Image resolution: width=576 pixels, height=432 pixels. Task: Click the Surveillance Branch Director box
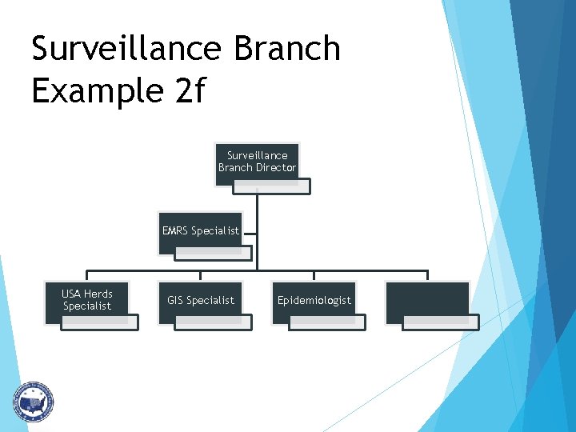[x=257, y=162]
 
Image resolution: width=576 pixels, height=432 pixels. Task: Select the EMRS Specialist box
[x=200, y=231]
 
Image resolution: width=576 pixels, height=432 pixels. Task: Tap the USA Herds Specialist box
[x=86, y=300]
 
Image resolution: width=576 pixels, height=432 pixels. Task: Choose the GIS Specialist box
[x=200, y=301]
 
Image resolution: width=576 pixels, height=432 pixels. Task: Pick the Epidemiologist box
[x=314, y=301]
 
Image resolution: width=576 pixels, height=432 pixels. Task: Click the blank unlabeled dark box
[x=427, y=301]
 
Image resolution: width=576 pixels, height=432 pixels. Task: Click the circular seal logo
[x=33, y=402]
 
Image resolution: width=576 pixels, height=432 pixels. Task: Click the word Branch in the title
[x=287, y=49]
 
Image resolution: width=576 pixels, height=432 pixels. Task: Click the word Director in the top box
[x=276, y=168]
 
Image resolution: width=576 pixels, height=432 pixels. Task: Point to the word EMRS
[x=175, y=231]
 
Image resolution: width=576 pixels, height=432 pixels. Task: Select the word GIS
[x=176, y=301]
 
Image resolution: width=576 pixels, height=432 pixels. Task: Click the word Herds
[x=98, y=294]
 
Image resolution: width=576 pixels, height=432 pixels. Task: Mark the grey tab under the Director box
[x=272, y=186]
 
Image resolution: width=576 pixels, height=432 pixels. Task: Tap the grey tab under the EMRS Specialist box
[x=214, y=254]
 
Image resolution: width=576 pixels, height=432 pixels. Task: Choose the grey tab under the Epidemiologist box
[x=327, y=322]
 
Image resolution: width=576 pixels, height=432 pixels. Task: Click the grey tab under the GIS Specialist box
[x=214, y=322]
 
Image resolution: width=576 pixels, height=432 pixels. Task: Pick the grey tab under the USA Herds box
[x=100, y=322]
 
